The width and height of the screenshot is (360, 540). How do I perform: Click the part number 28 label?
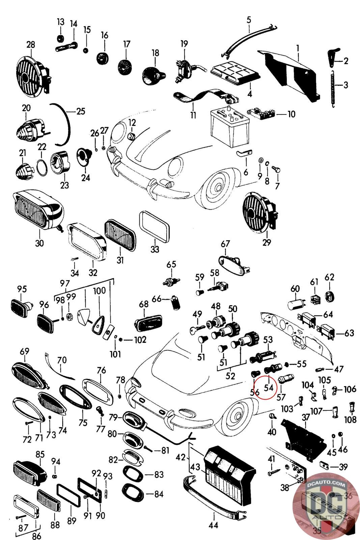pos(31,45)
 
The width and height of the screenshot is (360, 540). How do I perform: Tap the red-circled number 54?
pos(269,388)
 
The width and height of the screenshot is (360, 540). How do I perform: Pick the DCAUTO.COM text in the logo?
pos(326,484)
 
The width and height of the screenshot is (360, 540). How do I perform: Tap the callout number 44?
pos(213,525)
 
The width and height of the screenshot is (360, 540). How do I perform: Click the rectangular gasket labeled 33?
pos(155,225)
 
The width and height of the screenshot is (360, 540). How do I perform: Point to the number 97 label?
pos(65,283)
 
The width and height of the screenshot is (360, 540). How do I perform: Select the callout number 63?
pos(349,333)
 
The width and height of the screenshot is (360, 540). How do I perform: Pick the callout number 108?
pos(351,420)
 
